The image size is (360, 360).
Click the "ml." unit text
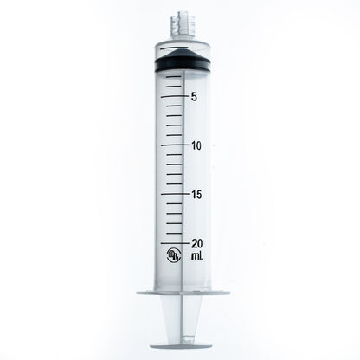(x=197, y=257)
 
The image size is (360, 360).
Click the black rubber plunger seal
(x=181, y=67)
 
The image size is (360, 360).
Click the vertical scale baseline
(x=184, y=164)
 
